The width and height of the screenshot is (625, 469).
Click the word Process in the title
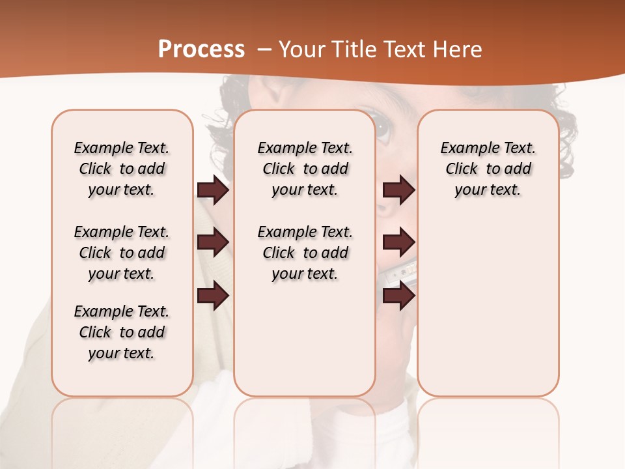tap(201, 50)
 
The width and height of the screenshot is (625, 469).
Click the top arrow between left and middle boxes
tap(213, 190)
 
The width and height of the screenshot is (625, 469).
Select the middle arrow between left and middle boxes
tap(213, 242)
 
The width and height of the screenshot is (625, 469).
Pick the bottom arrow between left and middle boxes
tap(213, 296)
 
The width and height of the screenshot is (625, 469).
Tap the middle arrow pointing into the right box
tap(398, 242)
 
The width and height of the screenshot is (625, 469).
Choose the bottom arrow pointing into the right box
tap(398, 296)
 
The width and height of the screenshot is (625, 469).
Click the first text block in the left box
tap(122, 169)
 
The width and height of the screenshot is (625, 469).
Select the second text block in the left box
tap(122, 253)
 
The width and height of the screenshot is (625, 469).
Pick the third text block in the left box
tap(122, 332)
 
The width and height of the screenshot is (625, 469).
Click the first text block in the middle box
tap(305, 169)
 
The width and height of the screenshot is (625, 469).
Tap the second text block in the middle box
tap(305, 253)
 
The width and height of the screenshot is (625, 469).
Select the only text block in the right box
tap(488, 169)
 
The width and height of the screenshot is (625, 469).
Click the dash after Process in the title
tap(264, 50)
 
